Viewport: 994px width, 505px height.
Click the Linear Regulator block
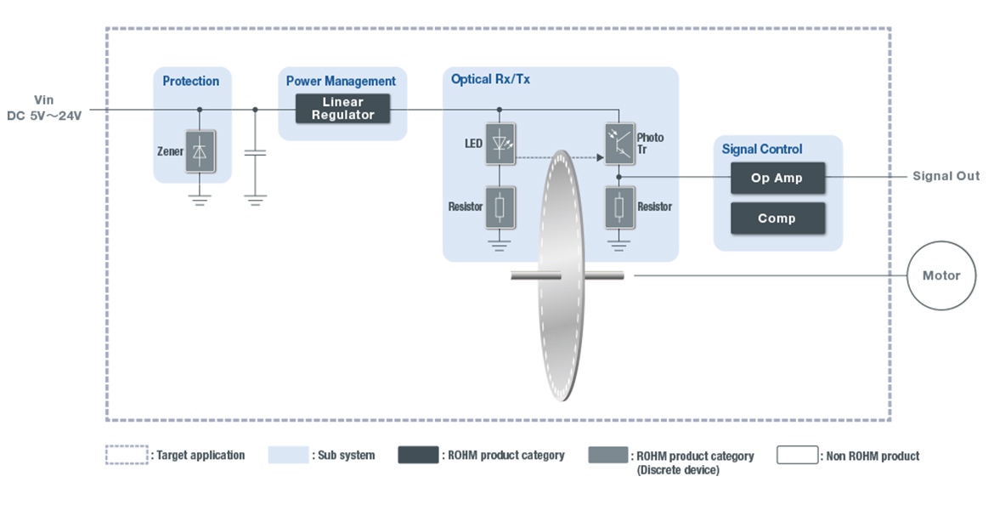[342, 109]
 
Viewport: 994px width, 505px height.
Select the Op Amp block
[777, 179]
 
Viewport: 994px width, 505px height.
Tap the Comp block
[777, 218]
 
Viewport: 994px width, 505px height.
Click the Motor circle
[941, 275]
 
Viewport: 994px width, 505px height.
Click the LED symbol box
[500, 143]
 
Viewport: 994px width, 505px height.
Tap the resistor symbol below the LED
[500, 207]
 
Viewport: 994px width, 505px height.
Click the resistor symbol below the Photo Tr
[618, 207]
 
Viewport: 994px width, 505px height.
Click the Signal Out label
[946, 176]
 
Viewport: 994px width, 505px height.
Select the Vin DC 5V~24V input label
[44, 108]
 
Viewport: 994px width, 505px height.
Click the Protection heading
[191, 82]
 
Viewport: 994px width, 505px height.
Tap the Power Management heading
[341, 82]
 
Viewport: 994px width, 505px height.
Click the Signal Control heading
[762, 150]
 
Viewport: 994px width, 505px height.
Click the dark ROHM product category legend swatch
[418, 455]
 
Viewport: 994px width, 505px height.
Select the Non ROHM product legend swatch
[797, 455]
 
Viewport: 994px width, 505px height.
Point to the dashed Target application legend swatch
[126, 455]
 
